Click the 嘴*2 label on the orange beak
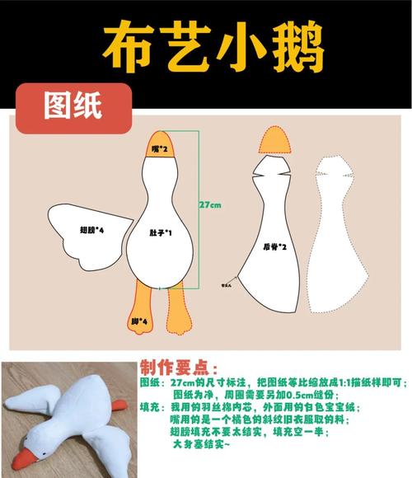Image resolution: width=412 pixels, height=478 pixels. pos(160,149)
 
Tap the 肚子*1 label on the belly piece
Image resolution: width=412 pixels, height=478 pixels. pos(161,233)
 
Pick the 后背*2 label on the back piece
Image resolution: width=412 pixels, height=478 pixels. pos(274,246)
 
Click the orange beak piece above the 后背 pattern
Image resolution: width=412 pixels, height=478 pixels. pos(275,143)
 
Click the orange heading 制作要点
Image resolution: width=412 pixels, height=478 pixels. pos(180,366)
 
